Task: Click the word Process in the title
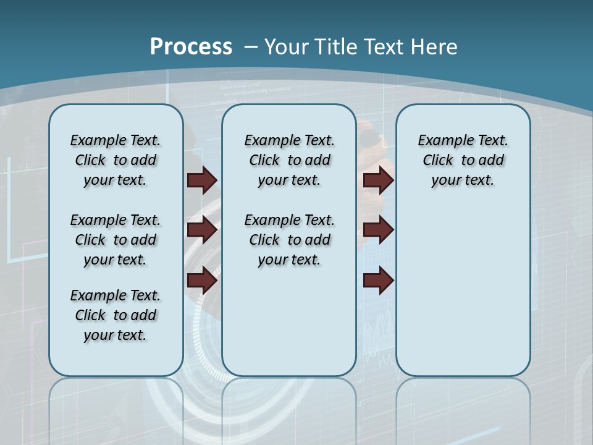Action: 191,46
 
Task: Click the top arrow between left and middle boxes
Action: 202,180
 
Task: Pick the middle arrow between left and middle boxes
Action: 202,230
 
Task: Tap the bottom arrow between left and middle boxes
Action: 202,281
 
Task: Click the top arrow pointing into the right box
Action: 378,180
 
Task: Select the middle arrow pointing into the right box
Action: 378,230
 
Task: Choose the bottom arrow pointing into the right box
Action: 378,281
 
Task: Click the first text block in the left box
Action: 116,160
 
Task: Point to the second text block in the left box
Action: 116,240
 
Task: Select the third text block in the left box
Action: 116,315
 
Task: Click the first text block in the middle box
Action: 289,160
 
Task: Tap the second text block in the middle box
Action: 289,240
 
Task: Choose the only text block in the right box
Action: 463,160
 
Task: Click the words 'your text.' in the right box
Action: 463,180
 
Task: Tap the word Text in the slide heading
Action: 386,47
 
